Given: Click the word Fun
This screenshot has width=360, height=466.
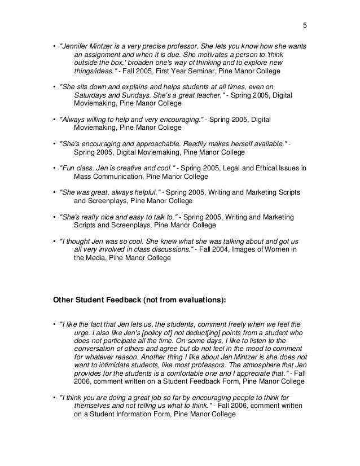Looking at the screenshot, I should coord(68,169).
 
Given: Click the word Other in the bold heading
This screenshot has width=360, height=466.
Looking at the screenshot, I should coord(63,300).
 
